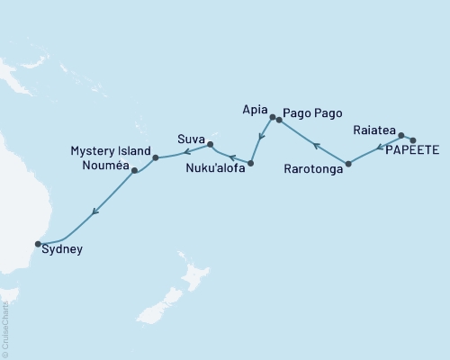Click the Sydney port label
(x=63, y=250)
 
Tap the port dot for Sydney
(x=38, y=243)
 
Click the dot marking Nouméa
(x=135, y=170)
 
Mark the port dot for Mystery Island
(x=156, y=157)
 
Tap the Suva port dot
(x=210, y=143)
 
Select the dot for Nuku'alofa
(x=250, y=164)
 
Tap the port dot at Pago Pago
(x=279, y=120)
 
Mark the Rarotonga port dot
(x=348, y=164)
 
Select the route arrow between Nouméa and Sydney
(x=93, y=212)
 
